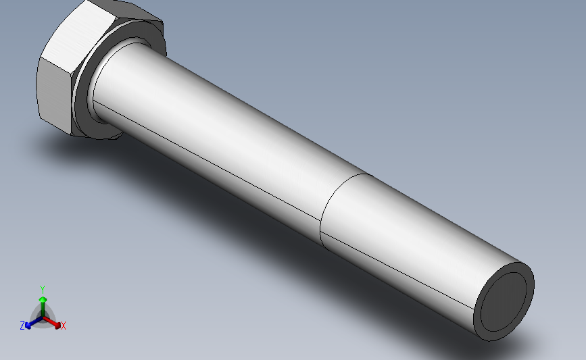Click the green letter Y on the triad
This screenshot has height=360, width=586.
[42, 290]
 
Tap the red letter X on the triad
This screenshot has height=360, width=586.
[63, 326]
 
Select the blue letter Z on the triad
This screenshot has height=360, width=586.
[22, 326]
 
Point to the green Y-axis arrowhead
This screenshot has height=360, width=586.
[43, 299]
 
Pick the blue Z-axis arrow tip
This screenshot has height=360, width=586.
[28, 326]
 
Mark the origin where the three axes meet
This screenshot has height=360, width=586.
[43, 318]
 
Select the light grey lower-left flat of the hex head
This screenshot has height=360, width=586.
[54, 97]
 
